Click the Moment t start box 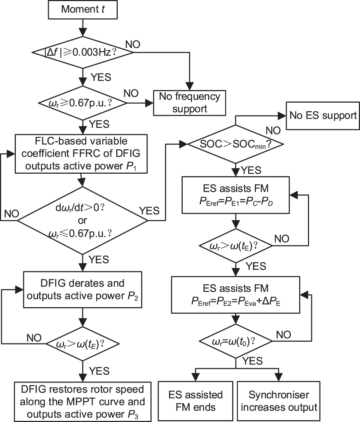[83, 9]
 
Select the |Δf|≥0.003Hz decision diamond [83, 52]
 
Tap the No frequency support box [190, 103]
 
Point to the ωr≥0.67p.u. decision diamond [83, 103]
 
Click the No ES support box [323, 116]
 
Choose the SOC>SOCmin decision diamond [235, 144]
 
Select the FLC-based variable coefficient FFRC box [81, 154]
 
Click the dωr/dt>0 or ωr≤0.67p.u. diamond [83, 220]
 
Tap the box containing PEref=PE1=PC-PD [235, 195]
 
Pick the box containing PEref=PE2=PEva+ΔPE [235, 295]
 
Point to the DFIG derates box [83, 290]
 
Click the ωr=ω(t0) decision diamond [235, 341]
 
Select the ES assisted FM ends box [196, 401]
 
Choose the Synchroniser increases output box [279, 401]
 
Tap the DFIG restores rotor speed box [83, 402]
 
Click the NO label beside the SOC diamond [273, 131]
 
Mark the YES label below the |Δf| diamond [101, 77]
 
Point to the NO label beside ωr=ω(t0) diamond [284, 335]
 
